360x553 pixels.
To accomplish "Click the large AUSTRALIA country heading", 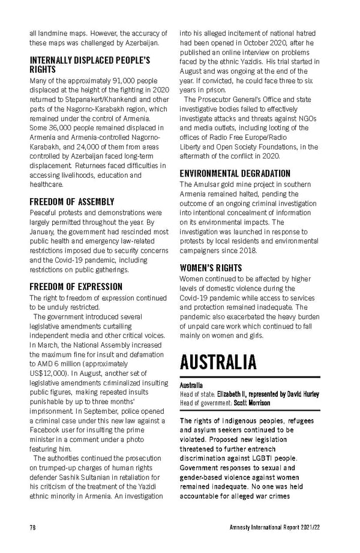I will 218,363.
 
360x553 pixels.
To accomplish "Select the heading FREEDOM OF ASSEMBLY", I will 72,202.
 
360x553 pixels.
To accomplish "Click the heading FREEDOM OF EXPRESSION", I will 76,287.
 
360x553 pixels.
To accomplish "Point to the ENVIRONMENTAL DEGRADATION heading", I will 235,174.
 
